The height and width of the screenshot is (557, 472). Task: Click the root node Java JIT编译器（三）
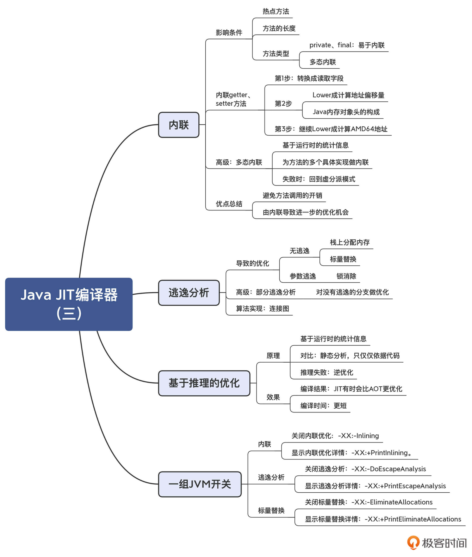(x=69, y=304)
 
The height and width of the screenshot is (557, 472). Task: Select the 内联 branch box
(x=179, y=125)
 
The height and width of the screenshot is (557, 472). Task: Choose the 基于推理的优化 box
(x=204, y=383)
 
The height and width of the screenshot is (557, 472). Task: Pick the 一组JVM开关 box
(x=200, y=484)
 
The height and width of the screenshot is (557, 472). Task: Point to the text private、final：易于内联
(x=347, y=45)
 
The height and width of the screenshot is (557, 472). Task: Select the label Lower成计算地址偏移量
(x=348, y=95)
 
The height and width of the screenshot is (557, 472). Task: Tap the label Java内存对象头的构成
(x=346, y=112)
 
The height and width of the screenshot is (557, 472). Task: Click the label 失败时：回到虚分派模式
(x=319, y=179)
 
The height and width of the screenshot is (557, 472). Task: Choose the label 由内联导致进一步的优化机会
(x=306, y=212)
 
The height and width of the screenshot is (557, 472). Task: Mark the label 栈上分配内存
(x=349, y=242)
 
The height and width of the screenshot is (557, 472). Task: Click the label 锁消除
(x=346, y=276)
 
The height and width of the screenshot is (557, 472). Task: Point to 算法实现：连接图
(x=262, y=309)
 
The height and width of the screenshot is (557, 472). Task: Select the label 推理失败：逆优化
(x=327, y=372)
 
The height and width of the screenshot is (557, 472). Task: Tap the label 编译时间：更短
(x=323, y=406)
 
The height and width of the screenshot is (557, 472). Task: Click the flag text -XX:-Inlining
(x=358, y=436)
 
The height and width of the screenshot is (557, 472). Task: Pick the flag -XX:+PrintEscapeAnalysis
(x=405, y=486)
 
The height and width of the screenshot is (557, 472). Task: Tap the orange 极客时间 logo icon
(x=413, y=543)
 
